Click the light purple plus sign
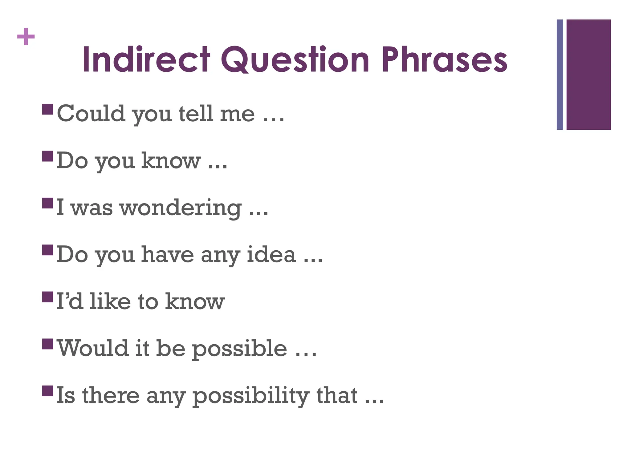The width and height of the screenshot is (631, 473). click(26, 37)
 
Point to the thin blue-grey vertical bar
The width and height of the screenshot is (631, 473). click(560, 75)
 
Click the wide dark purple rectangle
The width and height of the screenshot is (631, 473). click(588, 75)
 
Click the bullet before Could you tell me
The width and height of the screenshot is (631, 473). click(47, 109)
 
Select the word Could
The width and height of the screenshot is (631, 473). click(91, 113)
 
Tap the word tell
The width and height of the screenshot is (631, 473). click(196, 113)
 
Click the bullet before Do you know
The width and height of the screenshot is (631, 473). click(47, 156)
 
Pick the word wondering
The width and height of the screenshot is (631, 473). click(181, 208)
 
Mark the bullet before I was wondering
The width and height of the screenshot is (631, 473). click(47, 203)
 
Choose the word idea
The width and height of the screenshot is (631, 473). click(271, 255)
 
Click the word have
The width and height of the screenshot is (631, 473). click(167, 255)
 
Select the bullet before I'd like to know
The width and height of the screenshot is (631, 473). click(47, 297)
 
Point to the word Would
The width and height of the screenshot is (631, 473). click(93, 348)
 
